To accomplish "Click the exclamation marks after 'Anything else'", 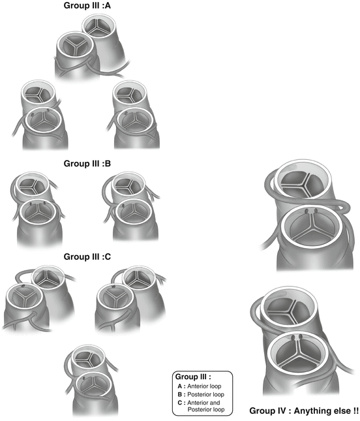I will click(x=355, y=412).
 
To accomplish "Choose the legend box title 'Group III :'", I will click(x=193, y=377).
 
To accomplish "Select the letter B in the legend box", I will click(x=179, y=395).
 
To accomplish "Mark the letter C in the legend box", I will click(x=179, y=404).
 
